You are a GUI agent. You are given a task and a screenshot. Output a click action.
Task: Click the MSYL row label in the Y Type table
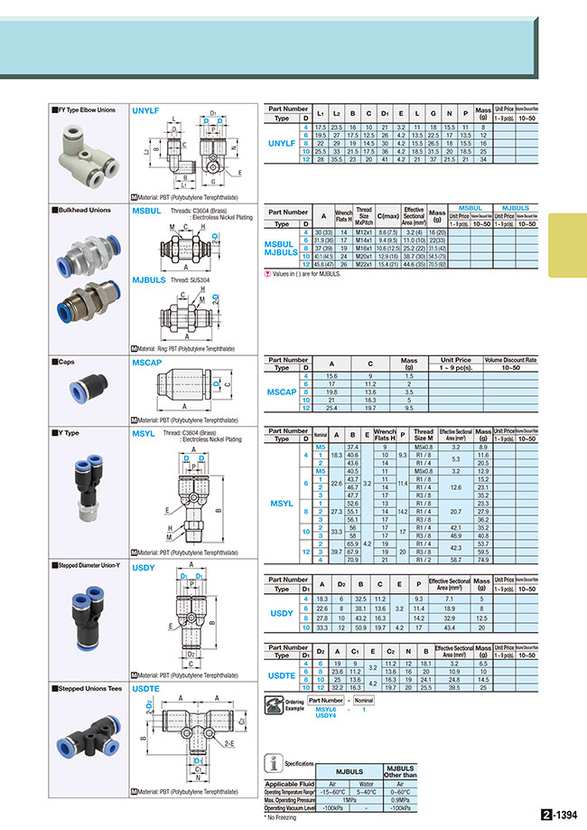click(x=282, y=502)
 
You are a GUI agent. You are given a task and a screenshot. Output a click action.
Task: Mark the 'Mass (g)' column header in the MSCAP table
click(x=409, y=363)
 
